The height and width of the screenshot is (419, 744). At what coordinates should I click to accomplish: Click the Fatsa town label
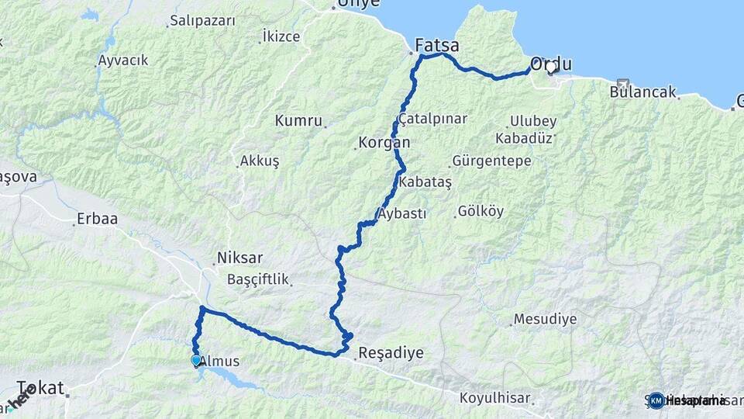point(437,45)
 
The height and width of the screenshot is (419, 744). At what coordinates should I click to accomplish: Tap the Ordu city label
point(551,64)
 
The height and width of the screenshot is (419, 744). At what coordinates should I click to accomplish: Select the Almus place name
point(220,362)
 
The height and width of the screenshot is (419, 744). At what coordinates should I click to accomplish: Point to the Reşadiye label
point(391,353)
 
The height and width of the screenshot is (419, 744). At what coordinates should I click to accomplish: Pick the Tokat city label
point(40,388)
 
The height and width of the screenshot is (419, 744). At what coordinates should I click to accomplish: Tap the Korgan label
point(384,144)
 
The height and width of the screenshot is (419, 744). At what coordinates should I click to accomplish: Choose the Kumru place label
point(298,120)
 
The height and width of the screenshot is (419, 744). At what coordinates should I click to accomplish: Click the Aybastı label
point(401,214)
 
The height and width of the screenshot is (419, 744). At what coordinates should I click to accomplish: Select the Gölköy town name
point(480,211)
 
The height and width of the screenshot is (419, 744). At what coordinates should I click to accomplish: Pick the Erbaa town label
point(97,219)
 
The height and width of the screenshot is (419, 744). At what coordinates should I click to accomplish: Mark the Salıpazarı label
point(202,21)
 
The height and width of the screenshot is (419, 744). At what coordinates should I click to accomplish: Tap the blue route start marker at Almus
point(195,360)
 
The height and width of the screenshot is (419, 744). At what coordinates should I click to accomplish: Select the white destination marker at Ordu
point(551,68)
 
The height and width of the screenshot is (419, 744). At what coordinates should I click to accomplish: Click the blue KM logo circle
point(656,400)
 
